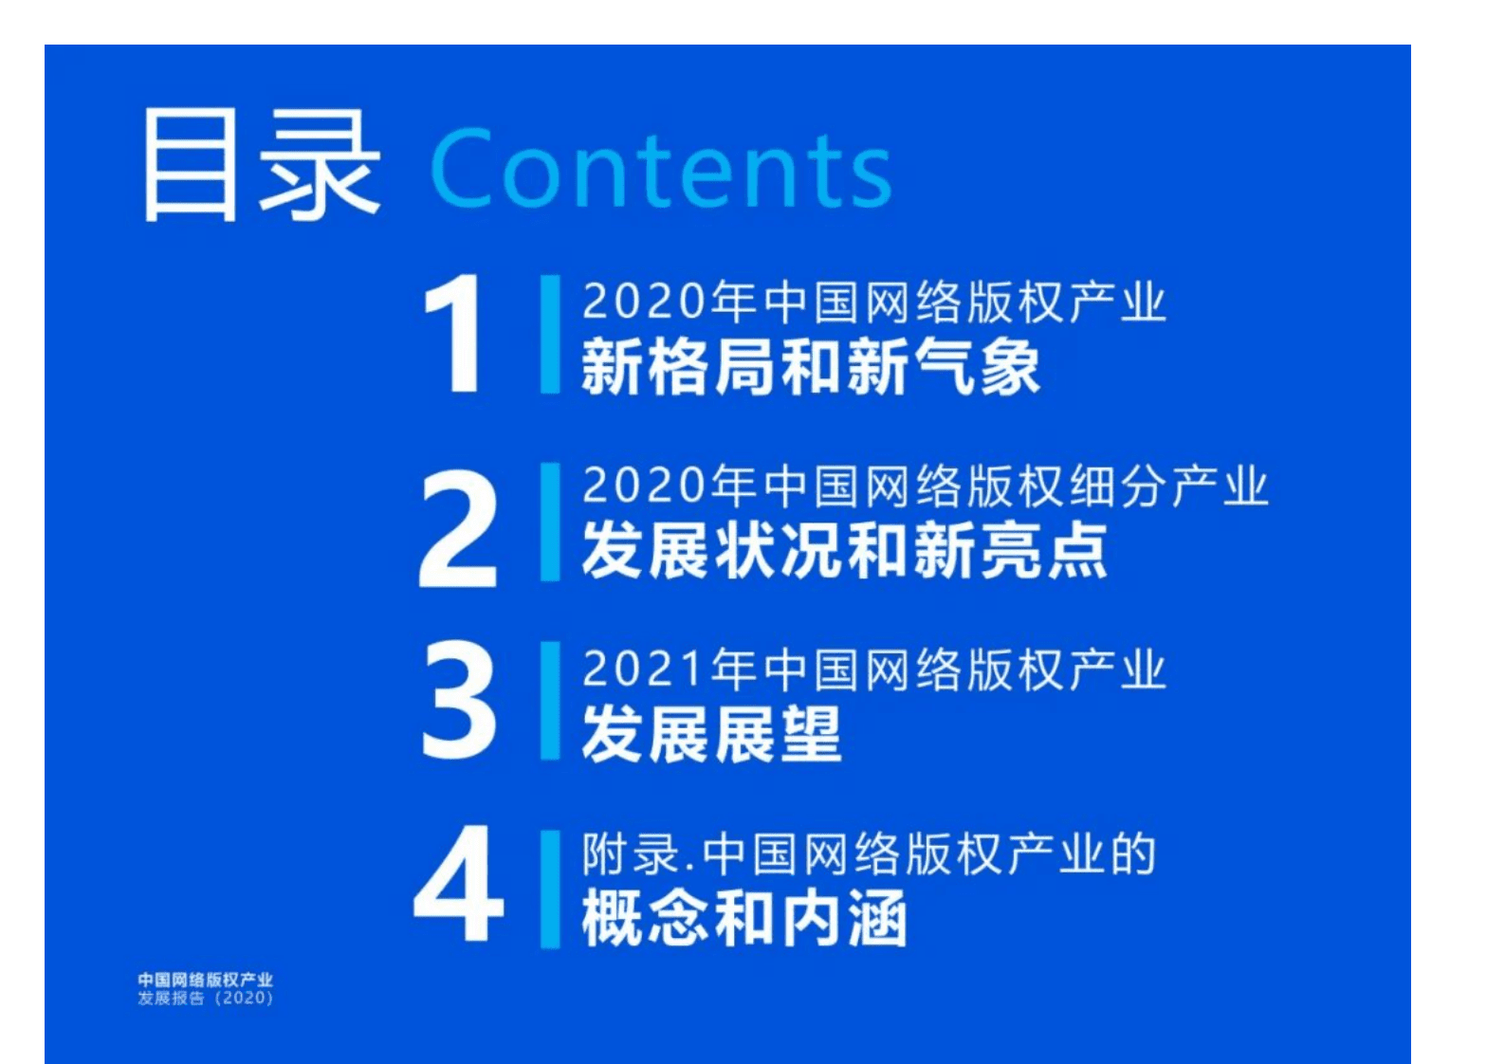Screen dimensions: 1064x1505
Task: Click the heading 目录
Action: [262, 167]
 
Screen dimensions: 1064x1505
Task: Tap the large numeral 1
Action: [455, 333]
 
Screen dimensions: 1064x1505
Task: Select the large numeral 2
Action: [458, 529]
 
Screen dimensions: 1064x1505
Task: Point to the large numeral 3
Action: [459, 701]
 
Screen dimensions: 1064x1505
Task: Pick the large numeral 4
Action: [459, 884]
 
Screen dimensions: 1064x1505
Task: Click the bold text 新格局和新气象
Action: [810, 368]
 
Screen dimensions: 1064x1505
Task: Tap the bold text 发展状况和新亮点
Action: [844, 551]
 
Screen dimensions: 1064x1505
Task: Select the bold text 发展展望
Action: [711, 734]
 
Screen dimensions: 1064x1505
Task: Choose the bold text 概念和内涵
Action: [744, 918]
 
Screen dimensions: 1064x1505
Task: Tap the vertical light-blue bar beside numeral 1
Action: [549, 334]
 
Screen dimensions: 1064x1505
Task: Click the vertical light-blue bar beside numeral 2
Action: [549, 522]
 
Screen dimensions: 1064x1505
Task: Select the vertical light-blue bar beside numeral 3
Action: [549, 701]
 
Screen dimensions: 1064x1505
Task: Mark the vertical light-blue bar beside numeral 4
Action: [549, 889]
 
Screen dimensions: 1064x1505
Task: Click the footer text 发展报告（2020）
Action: [205, 999]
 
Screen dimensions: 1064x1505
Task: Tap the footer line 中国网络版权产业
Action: [205, 980]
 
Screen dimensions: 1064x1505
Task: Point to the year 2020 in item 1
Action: [643, 302]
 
